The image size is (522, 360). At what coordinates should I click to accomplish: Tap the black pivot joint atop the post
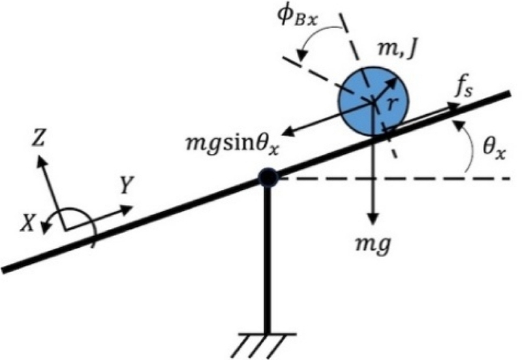[267, 177]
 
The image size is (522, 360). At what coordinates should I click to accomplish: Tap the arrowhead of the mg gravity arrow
[373, 220]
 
